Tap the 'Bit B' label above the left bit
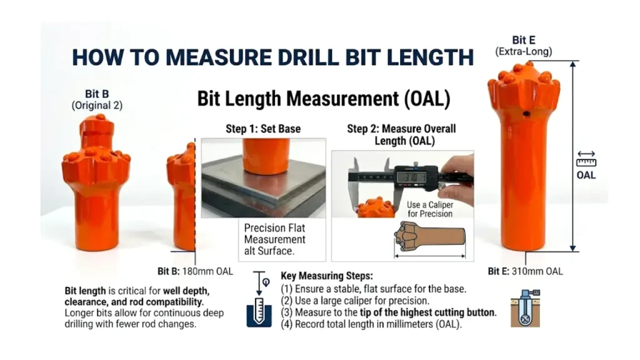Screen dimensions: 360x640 [x=97, y=94]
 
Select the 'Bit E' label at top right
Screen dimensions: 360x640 [x=523, y=41]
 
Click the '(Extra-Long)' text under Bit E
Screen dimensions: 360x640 [x=523, y=52]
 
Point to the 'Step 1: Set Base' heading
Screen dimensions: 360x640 [x=262, y=129]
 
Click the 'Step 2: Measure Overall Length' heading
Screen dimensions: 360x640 [x=401, y=134]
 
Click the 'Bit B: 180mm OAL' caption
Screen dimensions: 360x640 [x=194, y=271]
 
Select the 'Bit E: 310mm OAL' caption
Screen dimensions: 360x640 [x=525, y=271]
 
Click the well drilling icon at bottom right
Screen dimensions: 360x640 [x=525, y=307]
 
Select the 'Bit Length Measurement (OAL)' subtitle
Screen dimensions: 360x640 [x=323, y=99]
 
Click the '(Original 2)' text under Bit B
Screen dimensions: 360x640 [x=97, y=106]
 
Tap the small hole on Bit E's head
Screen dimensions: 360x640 [x=527, y=114]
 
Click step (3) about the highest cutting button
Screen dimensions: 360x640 [x=388, y=312]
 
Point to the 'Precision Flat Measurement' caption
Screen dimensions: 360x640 [x=274, y=239]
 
